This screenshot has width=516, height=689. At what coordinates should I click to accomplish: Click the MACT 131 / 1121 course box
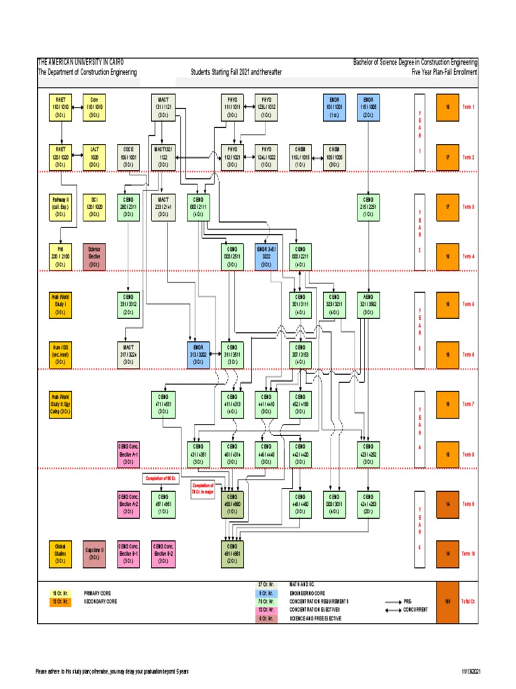tap(163, 107)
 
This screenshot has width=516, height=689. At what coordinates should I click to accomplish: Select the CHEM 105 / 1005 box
tap(334, 156)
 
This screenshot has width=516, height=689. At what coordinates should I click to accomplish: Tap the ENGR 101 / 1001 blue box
tap(334, 107)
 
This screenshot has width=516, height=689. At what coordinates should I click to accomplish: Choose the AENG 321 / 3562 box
tap(368, 304)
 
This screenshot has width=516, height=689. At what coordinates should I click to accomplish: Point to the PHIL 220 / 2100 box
tap(60, 256)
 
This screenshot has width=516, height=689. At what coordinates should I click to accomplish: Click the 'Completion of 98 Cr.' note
tap(163, 478)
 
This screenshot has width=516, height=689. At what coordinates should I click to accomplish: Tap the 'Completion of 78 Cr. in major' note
tap(202, 488)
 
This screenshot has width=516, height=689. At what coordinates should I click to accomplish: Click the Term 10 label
tap(468, 553)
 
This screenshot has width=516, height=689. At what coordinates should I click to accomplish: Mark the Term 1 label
tap(468, 107)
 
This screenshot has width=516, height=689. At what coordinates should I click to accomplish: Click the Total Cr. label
tap(469, 601)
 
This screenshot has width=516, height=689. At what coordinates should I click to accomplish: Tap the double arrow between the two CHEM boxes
tap(316, 157)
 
